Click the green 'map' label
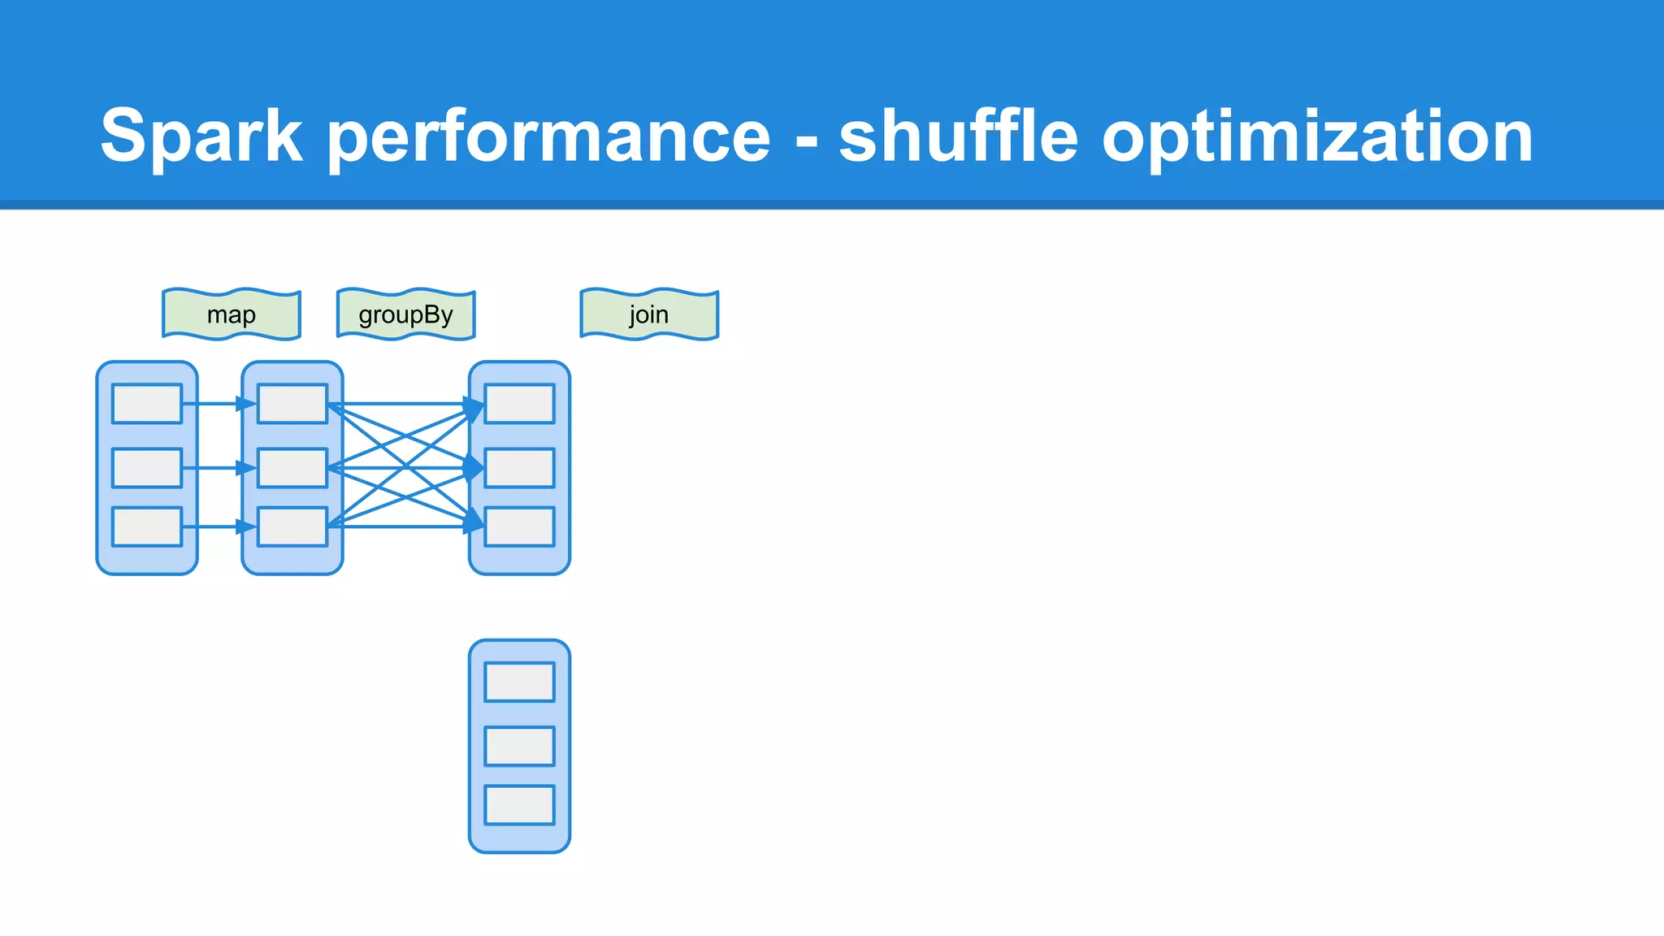pos(232,314)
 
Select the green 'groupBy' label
pos(405,314)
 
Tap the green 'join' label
pos(649,314)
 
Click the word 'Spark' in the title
pos(201,136)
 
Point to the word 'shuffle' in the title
pos(958,135)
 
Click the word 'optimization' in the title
pos(1317,136)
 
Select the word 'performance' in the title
pos(548,136)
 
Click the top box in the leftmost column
pos(147,404)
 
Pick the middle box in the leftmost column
pos(147,468)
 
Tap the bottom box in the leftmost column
pos(147,526)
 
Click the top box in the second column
pos(292,404)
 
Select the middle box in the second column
pos(292,468)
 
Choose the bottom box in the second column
pos(292,526)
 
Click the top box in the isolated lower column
pos(519,682)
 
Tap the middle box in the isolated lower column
pos(519,746)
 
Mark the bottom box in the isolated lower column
pos(519,805)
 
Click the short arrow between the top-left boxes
pos(218,404)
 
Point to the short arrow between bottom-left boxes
pos(218,527)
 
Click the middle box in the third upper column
pos(520,468)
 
